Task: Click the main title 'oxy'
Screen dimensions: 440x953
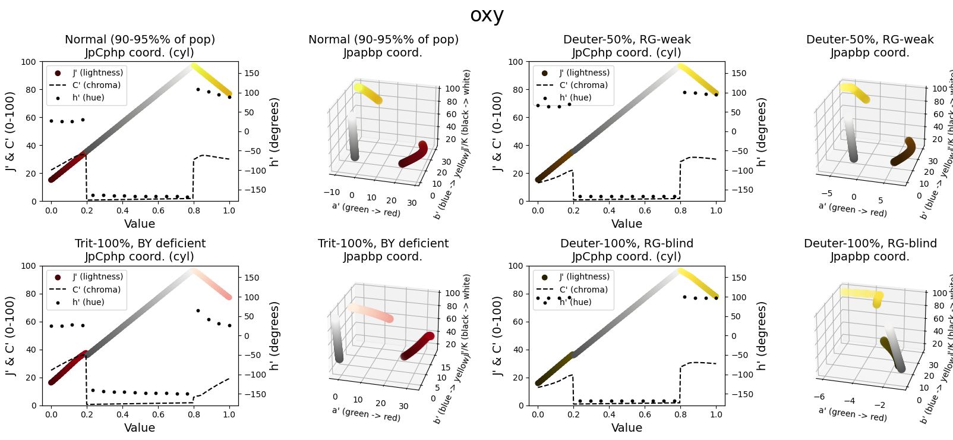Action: coord(487,15)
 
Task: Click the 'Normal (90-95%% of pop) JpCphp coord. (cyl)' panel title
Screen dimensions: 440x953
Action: coord(140,46)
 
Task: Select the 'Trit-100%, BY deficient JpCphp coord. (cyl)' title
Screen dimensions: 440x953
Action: coord(140,250)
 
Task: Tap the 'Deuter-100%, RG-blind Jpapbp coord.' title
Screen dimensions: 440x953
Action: coord(870,250)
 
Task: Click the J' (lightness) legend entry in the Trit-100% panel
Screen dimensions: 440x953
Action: coord(97,276)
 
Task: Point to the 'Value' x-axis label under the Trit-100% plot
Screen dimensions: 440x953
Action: coord(140,428)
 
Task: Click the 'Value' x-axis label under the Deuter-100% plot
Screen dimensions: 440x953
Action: coord(626,428)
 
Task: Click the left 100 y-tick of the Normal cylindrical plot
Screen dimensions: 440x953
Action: coord(29,62)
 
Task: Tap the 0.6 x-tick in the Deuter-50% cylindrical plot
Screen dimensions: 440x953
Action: coord(645,210)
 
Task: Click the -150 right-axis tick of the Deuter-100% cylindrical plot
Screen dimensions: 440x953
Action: coord(742,394)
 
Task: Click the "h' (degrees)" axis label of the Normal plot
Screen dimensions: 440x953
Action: coord(274,132)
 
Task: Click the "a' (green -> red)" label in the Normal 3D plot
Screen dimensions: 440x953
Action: coord(366,209)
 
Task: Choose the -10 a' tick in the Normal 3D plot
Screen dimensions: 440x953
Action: coord(331,192)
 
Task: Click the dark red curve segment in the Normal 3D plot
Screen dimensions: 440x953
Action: coord(413,157)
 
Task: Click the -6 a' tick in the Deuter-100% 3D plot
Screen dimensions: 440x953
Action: coord(819,397)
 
